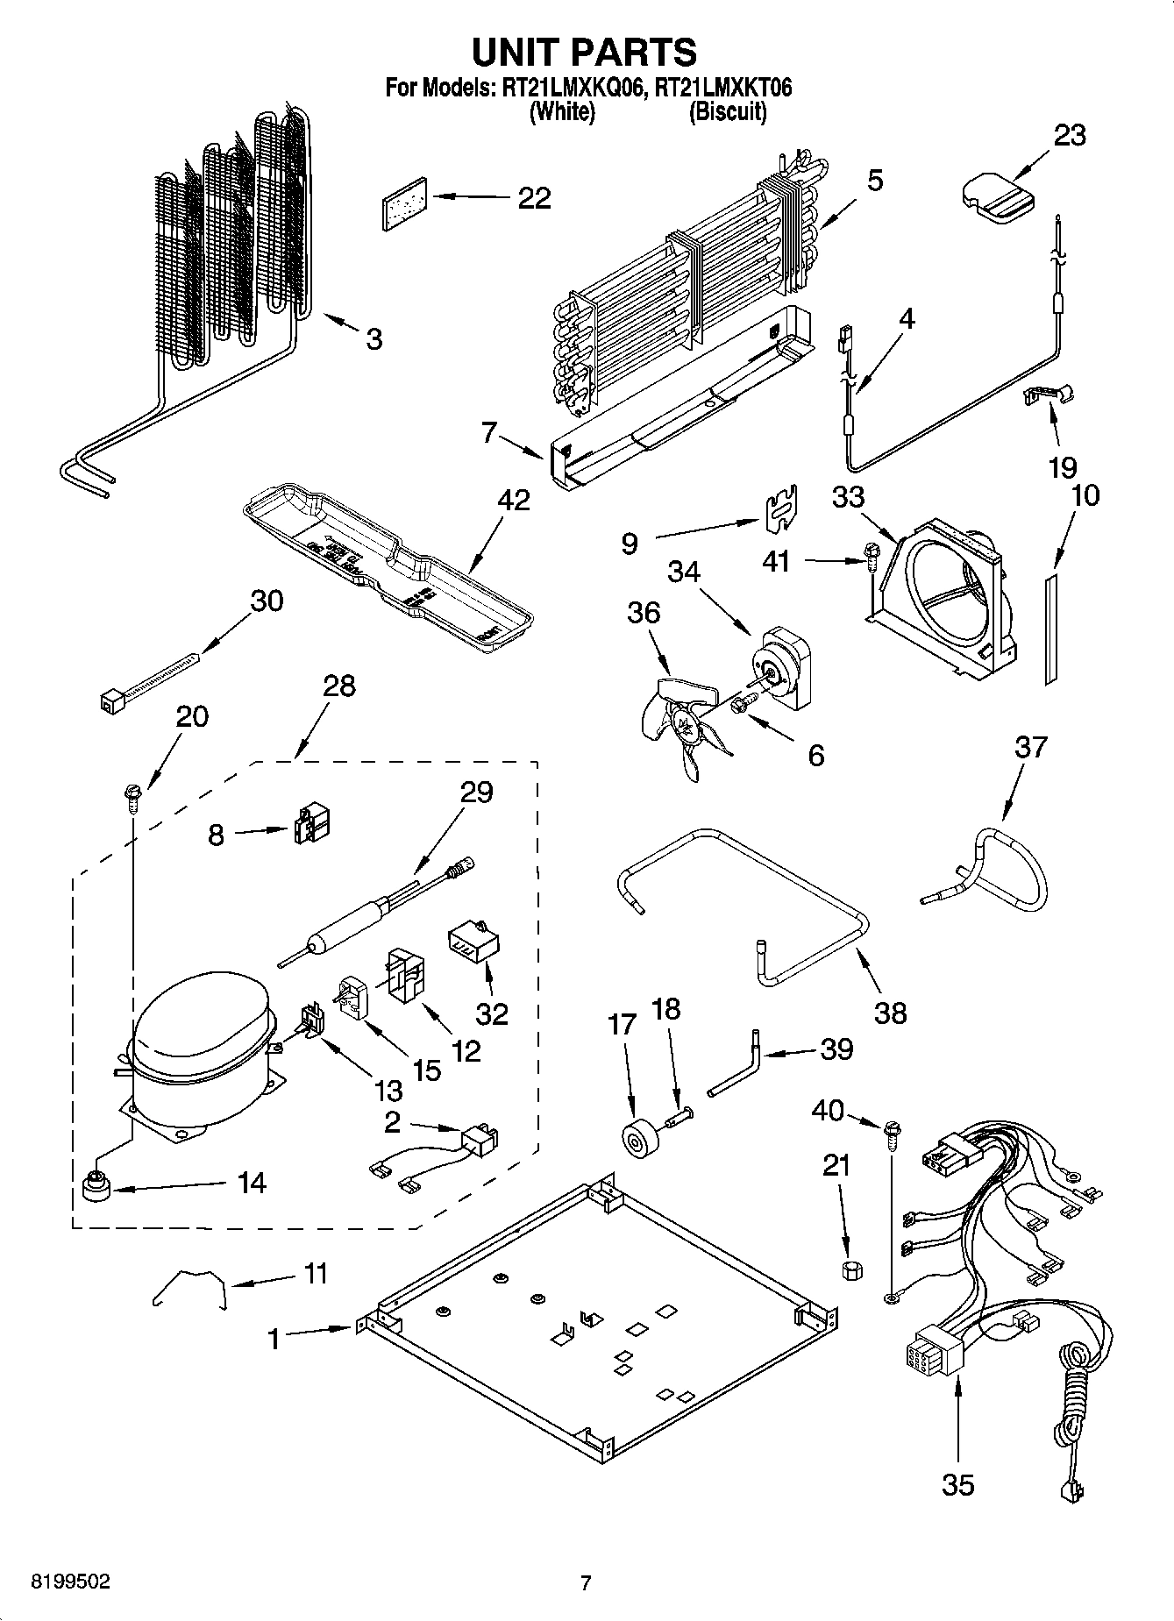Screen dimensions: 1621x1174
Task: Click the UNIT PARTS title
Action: [x=585, y=52]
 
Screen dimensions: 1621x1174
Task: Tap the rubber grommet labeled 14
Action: [x=94, y=1188]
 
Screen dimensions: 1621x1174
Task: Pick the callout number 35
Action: [x=957, y=1484]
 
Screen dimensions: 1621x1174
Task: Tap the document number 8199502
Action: [x=71, y=1582]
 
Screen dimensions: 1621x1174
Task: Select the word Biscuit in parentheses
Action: [x=728, y=111]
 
